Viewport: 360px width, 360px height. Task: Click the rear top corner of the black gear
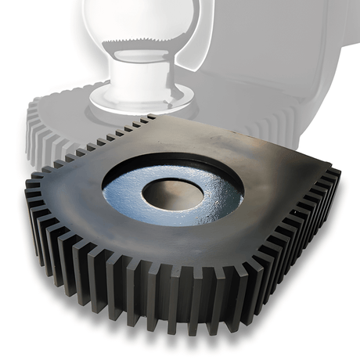click(x=150, y=117)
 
